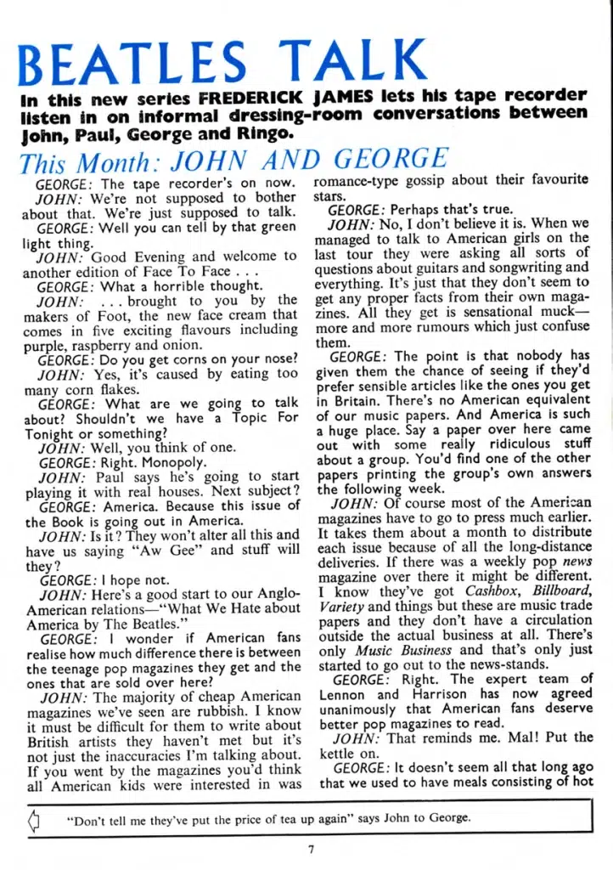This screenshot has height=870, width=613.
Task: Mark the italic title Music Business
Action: pyautogui.click(x=394, y=649)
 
